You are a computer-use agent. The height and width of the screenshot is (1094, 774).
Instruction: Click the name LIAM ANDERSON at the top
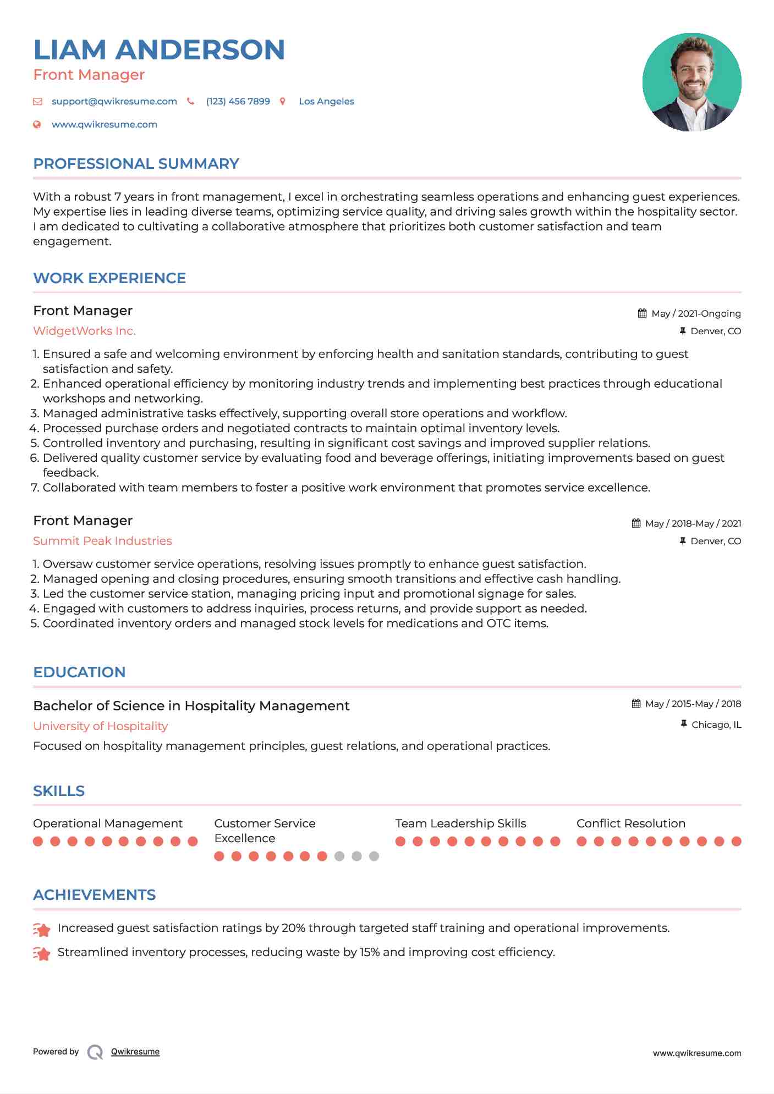pos(159,49)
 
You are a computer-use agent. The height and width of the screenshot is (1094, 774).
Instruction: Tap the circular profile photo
pos(691,82)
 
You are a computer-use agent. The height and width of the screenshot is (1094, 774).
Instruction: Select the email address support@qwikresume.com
pos(114,101)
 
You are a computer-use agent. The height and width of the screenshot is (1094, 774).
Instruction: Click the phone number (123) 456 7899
pos(238,101)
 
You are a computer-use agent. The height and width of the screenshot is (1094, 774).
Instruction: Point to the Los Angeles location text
pos(326,101)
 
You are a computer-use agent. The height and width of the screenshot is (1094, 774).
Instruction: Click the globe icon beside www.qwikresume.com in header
pos(37,124)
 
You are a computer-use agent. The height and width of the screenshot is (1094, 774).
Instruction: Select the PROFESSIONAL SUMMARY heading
pos(136,164)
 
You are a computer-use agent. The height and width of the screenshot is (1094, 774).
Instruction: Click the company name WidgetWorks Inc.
pos(84,331)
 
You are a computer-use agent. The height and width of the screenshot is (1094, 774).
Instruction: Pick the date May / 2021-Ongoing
pos(696,313)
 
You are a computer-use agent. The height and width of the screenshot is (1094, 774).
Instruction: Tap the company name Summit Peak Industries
pos(102,541)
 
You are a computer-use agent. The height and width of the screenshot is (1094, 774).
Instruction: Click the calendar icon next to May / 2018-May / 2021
pos(636,523)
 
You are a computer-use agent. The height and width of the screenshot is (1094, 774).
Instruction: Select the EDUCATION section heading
pos(79,672)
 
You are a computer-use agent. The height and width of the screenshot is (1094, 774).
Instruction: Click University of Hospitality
pos(100,726)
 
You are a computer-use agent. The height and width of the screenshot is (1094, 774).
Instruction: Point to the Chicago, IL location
pos(716,725)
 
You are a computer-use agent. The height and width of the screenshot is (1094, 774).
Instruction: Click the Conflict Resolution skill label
pos(630,824)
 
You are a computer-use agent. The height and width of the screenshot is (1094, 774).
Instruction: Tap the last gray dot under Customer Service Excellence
pos(374,856)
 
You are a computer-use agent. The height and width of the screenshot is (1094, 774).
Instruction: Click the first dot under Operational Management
pos(38,841)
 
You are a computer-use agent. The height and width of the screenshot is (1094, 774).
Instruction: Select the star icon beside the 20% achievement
pos(42,929)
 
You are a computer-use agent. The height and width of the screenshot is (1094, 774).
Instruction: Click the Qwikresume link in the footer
pos(135,1052)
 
